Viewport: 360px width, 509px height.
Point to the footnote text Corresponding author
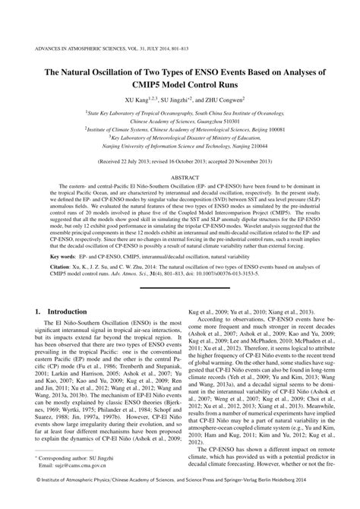[x=67, y=475]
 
